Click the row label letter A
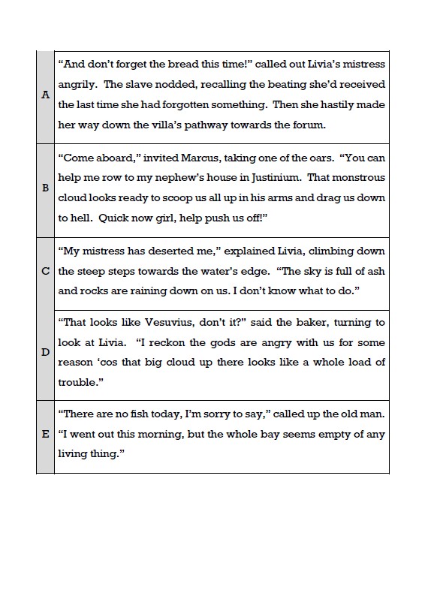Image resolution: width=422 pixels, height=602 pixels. click(x=46, y=95)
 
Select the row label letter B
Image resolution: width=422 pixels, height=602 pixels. click(x=46, y=189)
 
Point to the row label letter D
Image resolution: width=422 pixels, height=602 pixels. click(x=46, y=352)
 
